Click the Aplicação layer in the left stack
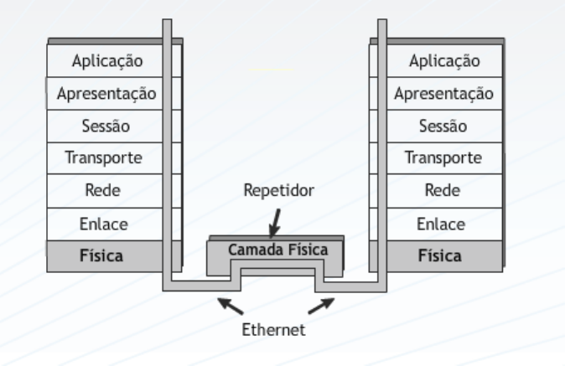tap(106, 60)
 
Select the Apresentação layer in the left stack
tap(106, 93)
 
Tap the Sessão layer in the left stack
tap(106, 126)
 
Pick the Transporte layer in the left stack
tap(106, 157)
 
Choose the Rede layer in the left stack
tap(106, 190)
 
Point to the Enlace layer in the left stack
tap(106, 223)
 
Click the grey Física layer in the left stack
tap(106, 255)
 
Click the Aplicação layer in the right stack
tap(444, 60)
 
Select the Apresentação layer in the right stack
tap(444, 93)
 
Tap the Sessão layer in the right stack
tap(444, 126)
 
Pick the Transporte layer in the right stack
tap(444, 157)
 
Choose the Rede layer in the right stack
tap(444, 190)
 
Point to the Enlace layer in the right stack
tap(444, 223)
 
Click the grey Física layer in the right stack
tap(444, 255)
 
